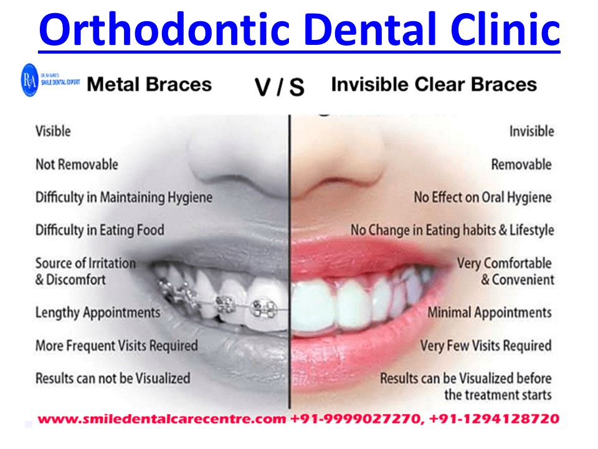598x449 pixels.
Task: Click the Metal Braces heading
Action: click(149, 84)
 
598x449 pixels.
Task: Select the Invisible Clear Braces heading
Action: click(434, 84)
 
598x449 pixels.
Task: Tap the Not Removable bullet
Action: click(76, 165)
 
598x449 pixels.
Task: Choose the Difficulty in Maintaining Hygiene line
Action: click(123, 198)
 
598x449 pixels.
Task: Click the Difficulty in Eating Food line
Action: click(100, 230)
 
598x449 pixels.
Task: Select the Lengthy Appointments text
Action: click(98, 312)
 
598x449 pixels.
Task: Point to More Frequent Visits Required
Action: click(116, 345)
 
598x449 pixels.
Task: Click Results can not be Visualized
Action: click(112, 378)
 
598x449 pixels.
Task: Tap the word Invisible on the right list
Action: click(531, 132)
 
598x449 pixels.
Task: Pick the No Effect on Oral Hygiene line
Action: click(483, 198)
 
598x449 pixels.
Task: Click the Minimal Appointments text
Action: click(489, 312)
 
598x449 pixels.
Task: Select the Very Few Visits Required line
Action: click(485, 345)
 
